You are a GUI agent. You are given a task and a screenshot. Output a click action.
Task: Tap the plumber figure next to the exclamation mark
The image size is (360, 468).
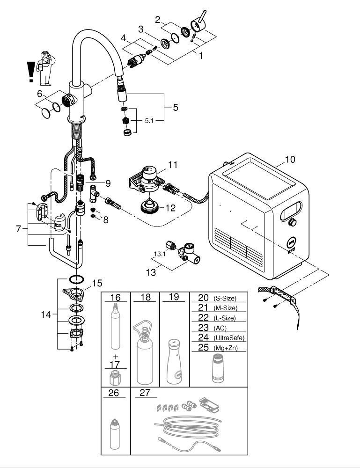45,66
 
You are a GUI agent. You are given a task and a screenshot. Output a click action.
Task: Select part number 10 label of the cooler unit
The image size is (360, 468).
290,160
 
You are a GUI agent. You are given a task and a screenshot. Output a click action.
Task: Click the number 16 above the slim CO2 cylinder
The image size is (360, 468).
116,298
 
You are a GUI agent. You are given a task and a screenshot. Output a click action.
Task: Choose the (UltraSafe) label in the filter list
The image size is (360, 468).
228,338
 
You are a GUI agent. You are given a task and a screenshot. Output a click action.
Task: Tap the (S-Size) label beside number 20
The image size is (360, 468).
225,298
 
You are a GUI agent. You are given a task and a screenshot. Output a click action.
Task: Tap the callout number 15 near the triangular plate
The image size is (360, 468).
96,283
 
